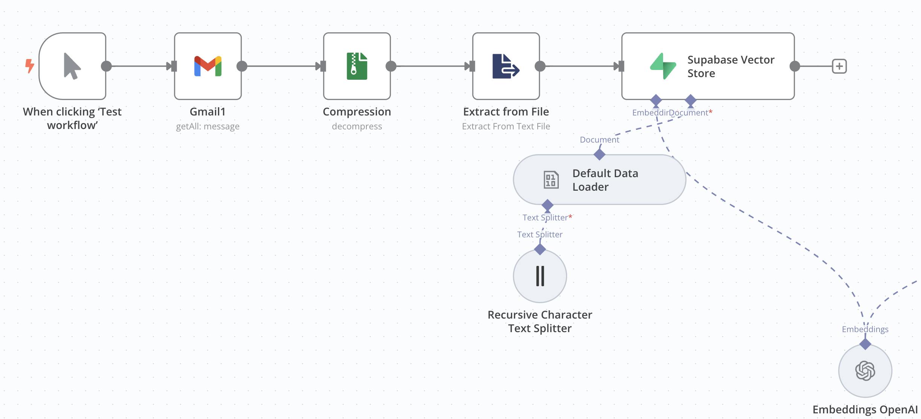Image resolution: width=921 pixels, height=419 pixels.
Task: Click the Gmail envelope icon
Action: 208,66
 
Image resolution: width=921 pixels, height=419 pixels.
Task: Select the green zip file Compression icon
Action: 357,66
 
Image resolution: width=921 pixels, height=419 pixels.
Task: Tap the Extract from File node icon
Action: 506,66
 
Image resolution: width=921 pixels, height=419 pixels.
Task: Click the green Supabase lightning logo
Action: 663,66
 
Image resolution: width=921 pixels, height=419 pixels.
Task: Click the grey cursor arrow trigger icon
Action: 72,66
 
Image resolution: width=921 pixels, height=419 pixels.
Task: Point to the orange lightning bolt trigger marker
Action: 29,66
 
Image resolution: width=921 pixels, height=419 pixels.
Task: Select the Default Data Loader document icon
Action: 551,180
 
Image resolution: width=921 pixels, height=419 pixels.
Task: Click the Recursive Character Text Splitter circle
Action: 540,276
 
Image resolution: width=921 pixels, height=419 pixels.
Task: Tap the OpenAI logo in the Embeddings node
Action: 865,371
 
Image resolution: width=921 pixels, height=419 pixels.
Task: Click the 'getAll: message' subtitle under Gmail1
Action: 208,126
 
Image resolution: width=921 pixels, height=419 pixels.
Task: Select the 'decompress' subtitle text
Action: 357,126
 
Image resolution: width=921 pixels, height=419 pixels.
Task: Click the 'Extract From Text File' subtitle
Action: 506,126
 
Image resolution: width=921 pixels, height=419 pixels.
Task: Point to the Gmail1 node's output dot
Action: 242,66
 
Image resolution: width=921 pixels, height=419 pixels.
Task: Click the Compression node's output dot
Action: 391,66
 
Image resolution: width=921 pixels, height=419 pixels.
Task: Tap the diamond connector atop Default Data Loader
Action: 599,154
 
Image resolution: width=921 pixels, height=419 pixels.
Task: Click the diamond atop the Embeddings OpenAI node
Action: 865,344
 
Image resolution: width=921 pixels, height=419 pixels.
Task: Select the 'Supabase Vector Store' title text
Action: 730,66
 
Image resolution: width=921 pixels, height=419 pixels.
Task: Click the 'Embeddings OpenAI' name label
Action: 865,409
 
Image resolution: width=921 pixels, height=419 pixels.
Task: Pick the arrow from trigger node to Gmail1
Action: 139,66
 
